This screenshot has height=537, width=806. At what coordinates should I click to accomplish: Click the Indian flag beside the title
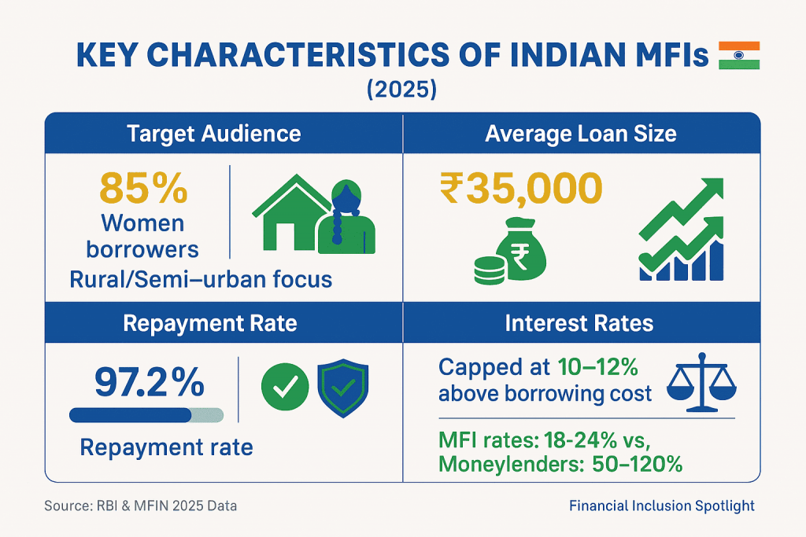click(738, 56)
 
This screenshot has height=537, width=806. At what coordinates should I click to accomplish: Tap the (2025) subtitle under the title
click(401, 90)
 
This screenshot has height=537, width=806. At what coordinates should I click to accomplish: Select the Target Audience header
click(214, 134)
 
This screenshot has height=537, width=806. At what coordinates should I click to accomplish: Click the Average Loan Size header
click(581, 134)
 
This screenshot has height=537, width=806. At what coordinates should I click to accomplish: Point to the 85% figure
click(143, 189)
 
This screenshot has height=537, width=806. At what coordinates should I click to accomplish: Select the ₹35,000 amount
click(521, 188)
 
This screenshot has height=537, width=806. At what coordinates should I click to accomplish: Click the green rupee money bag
click(521, 249)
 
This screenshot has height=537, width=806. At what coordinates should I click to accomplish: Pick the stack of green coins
click(489, 270)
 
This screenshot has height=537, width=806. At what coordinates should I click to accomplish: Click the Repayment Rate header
click(210, 323)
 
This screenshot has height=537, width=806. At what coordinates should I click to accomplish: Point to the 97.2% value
click(150, 382)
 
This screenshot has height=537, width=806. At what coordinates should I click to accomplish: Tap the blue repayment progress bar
click(146, 415)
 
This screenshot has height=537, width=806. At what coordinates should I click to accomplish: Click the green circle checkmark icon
click(285, 387)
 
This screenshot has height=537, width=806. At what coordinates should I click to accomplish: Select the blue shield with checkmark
click(343, 388)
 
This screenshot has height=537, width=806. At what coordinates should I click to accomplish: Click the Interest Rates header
click(579, 323)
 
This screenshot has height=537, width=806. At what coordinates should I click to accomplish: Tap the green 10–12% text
click(598, 367)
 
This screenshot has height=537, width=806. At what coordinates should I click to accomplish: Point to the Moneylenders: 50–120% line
click(560, 464)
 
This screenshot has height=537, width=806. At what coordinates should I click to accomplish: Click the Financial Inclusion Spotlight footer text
click(661, 506)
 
